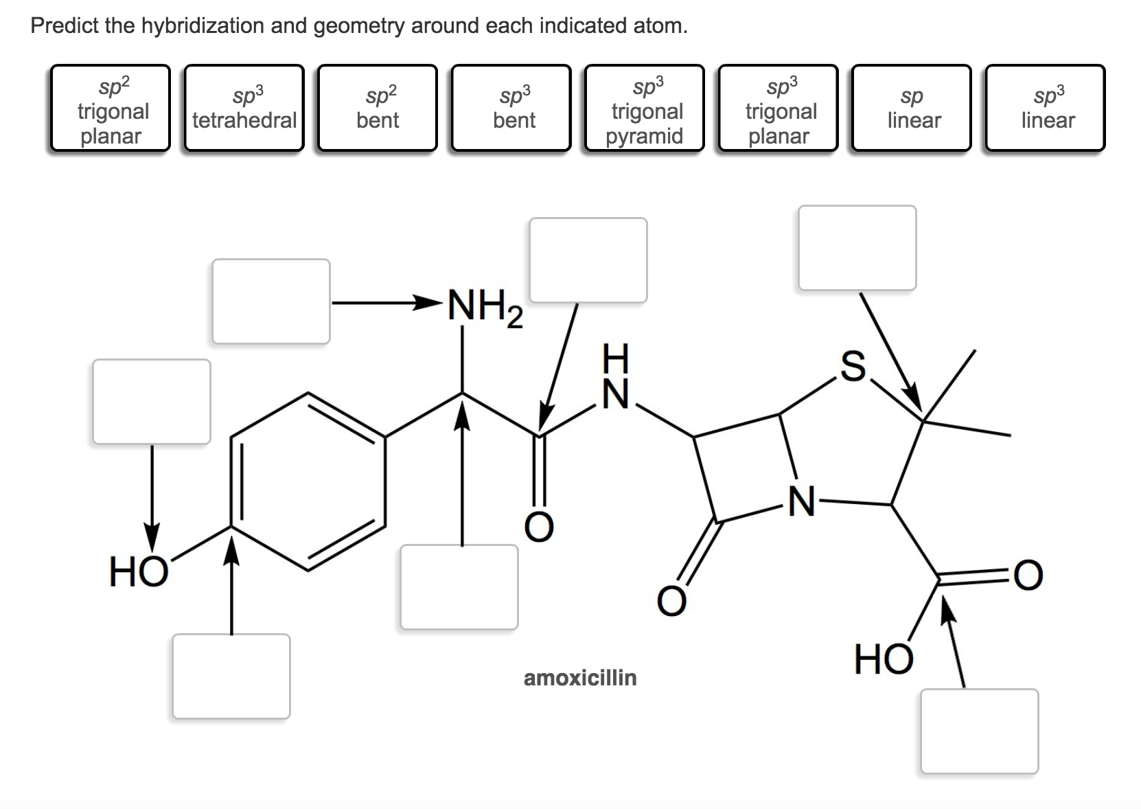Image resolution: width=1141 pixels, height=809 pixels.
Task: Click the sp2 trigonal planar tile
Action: click(110, 108)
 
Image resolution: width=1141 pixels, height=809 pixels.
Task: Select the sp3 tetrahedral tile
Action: click(244, 108)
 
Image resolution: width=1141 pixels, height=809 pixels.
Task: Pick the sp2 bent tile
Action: click(377, 108)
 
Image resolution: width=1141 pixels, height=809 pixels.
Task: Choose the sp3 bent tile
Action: click(511, 108)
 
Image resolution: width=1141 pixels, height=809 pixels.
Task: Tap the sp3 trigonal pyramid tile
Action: click(644, 108)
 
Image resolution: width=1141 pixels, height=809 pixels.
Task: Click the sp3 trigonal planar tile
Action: click(778, 108)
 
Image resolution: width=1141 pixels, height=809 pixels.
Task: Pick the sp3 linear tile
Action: click(1045, 108)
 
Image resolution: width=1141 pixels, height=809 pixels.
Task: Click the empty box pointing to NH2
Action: click(271, 301)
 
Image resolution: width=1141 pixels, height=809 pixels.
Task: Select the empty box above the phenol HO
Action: click(152, 401)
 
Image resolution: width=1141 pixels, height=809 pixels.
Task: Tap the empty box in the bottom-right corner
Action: click(979, 731)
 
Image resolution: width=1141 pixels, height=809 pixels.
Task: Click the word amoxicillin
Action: click(580, 678)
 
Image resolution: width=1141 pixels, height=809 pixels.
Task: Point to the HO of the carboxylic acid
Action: click(884, 659)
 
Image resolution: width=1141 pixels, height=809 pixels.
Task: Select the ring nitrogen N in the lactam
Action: click(801, 502)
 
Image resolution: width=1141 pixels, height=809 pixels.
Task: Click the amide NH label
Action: click(615, 377)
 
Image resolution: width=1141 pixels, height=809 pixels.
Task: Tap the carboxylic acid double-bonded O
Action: click(1028, 576)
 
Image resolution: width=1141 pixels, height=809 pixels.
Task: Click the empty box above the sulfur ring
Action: click(857, 247)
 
